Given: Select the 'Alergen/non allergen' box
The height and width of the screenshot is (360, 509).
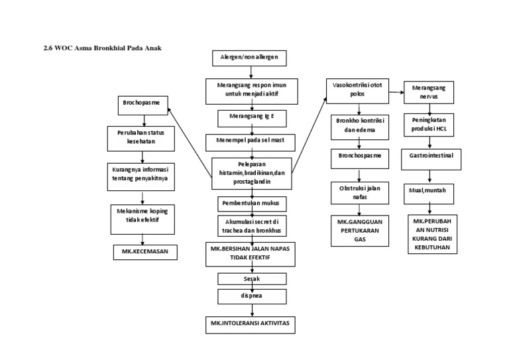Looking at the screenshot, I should coord(249,58).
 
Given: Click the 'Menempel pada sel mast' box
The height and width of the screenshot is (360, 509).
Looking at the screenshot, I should coord(249,141).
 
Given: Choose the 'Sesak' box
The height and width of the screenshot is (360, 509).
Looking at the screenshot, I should coord(249,279).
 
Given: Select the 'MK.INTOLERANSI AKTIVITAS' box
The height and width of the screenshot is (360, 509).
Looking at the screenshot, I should coord(249,324).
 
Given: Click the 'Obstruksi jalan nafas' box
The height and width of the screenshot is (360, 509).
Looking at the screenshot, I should coord(359,193).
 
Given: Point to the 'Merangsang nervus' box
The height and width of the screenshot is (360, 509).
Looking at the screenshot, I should coord(429,93).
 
